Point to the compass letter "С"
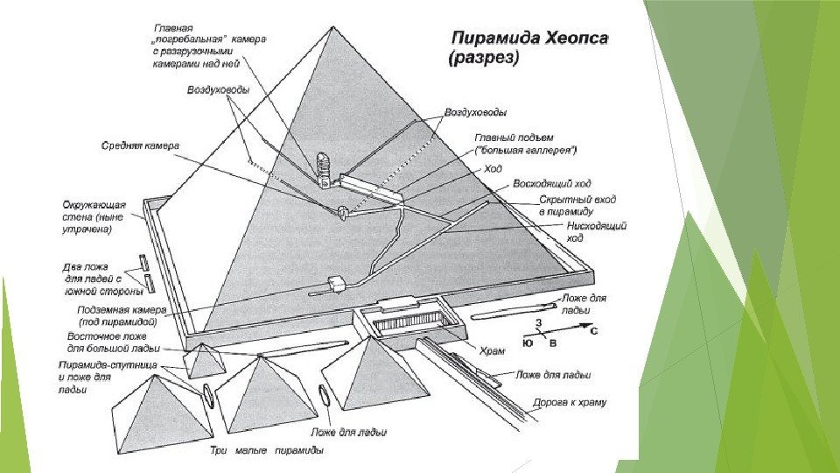[593, 333]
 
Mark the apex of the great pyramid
[332, 29]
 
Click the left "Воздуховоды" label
[219, 90]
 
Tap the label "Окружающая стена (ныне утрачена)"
[94, 215]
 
